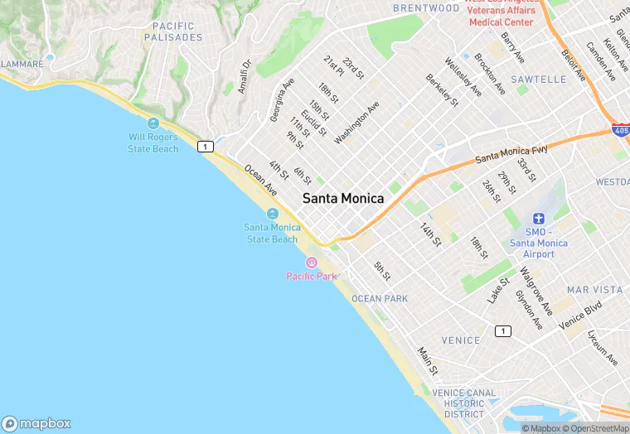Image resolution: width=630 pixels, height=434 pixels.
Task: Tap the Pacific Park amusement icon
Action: (x=312, y=263)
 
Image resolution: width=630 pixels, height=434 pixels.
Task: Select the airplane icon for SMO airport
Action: (x=539, y=219)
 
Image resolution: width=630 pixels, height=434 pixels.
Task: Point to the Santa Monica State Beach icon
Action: (x=272, y=214)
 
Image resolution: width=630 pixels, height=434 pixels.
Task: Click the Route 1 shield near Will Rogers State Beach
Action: (x=206, y=147)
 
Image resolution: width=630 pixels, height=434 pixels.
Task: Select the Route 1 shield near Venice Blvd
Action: (x=502, y=331)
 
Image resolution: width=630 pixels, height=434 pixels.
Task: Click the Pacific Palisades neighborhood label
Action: (x=172, y=32)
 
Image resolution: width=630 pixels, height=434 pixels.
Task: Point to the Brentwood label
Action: (x=426, y=8)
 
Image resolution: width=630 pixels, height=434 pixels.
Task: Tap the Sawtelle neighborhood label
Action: (x=540, y=80)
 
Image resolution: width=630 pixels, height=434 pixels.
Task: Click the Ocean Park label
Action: (x=379, y=298)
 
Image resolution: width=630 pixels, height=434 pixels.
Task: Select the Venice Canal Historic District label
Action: (x=464, y=403)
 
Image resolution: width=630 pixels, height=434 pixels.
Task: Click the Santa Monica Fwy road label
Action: (x=511, y=152)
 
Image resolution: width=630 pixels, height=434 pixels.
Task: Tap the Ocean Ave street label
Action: (x=260, y=180)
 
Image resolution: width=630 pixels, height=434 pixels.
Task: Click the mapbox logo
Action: (x=36, y=423)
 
